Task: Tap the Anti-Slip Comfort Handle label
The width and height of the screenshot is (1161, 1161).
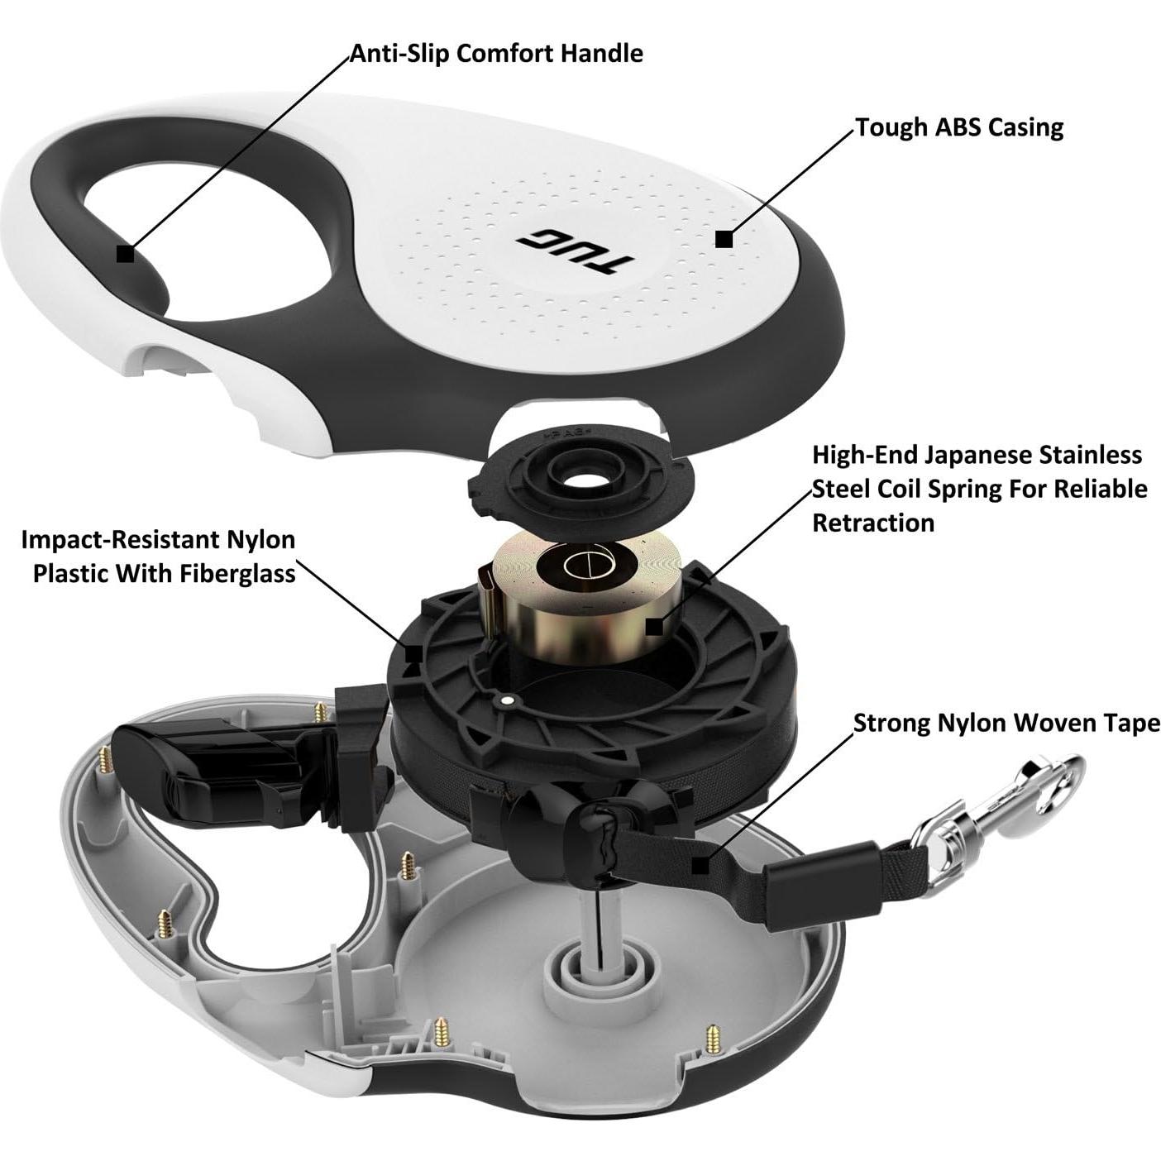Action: (x=496, y=54)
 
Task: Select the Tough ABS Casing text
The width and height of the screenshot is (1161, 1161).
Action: (x=960, y=127)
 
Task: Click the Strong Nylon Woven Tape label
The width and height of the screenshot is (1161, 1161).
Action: (x=1006, y=723)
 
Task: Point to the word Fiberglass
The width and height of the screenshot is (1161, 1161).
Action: (x=232, y=574)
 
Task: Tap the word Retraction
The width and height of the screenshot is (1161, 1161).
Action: (x=873, y=523)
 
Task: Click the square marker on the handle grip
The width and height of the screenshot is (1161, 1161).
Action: (x=126, y=254)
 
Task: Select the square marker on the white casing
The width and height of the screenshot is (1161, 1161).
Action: (x=724, y=239)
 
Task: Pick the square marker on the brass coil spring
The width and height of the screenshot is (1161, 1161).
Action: (x=655, y=627)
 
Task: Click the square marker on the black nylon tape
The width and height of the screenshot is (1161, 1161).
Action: (x=700, y=867)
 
